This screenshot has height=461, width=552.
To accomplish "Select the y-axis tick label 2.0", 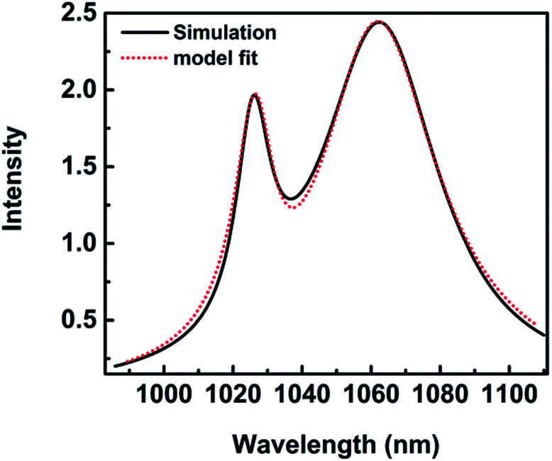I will click(80, 91).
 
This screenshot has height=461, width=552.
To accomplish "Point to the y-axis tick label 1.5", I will click(80, 167).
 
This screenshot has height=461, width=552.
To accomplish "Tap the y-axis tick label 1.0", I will click(80, 244).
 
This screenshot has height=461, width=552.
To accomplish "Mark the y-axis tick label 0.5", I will click(80, 321).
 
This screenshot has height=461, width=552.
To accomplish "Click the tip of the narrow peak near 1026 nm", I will click(253, 94).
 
